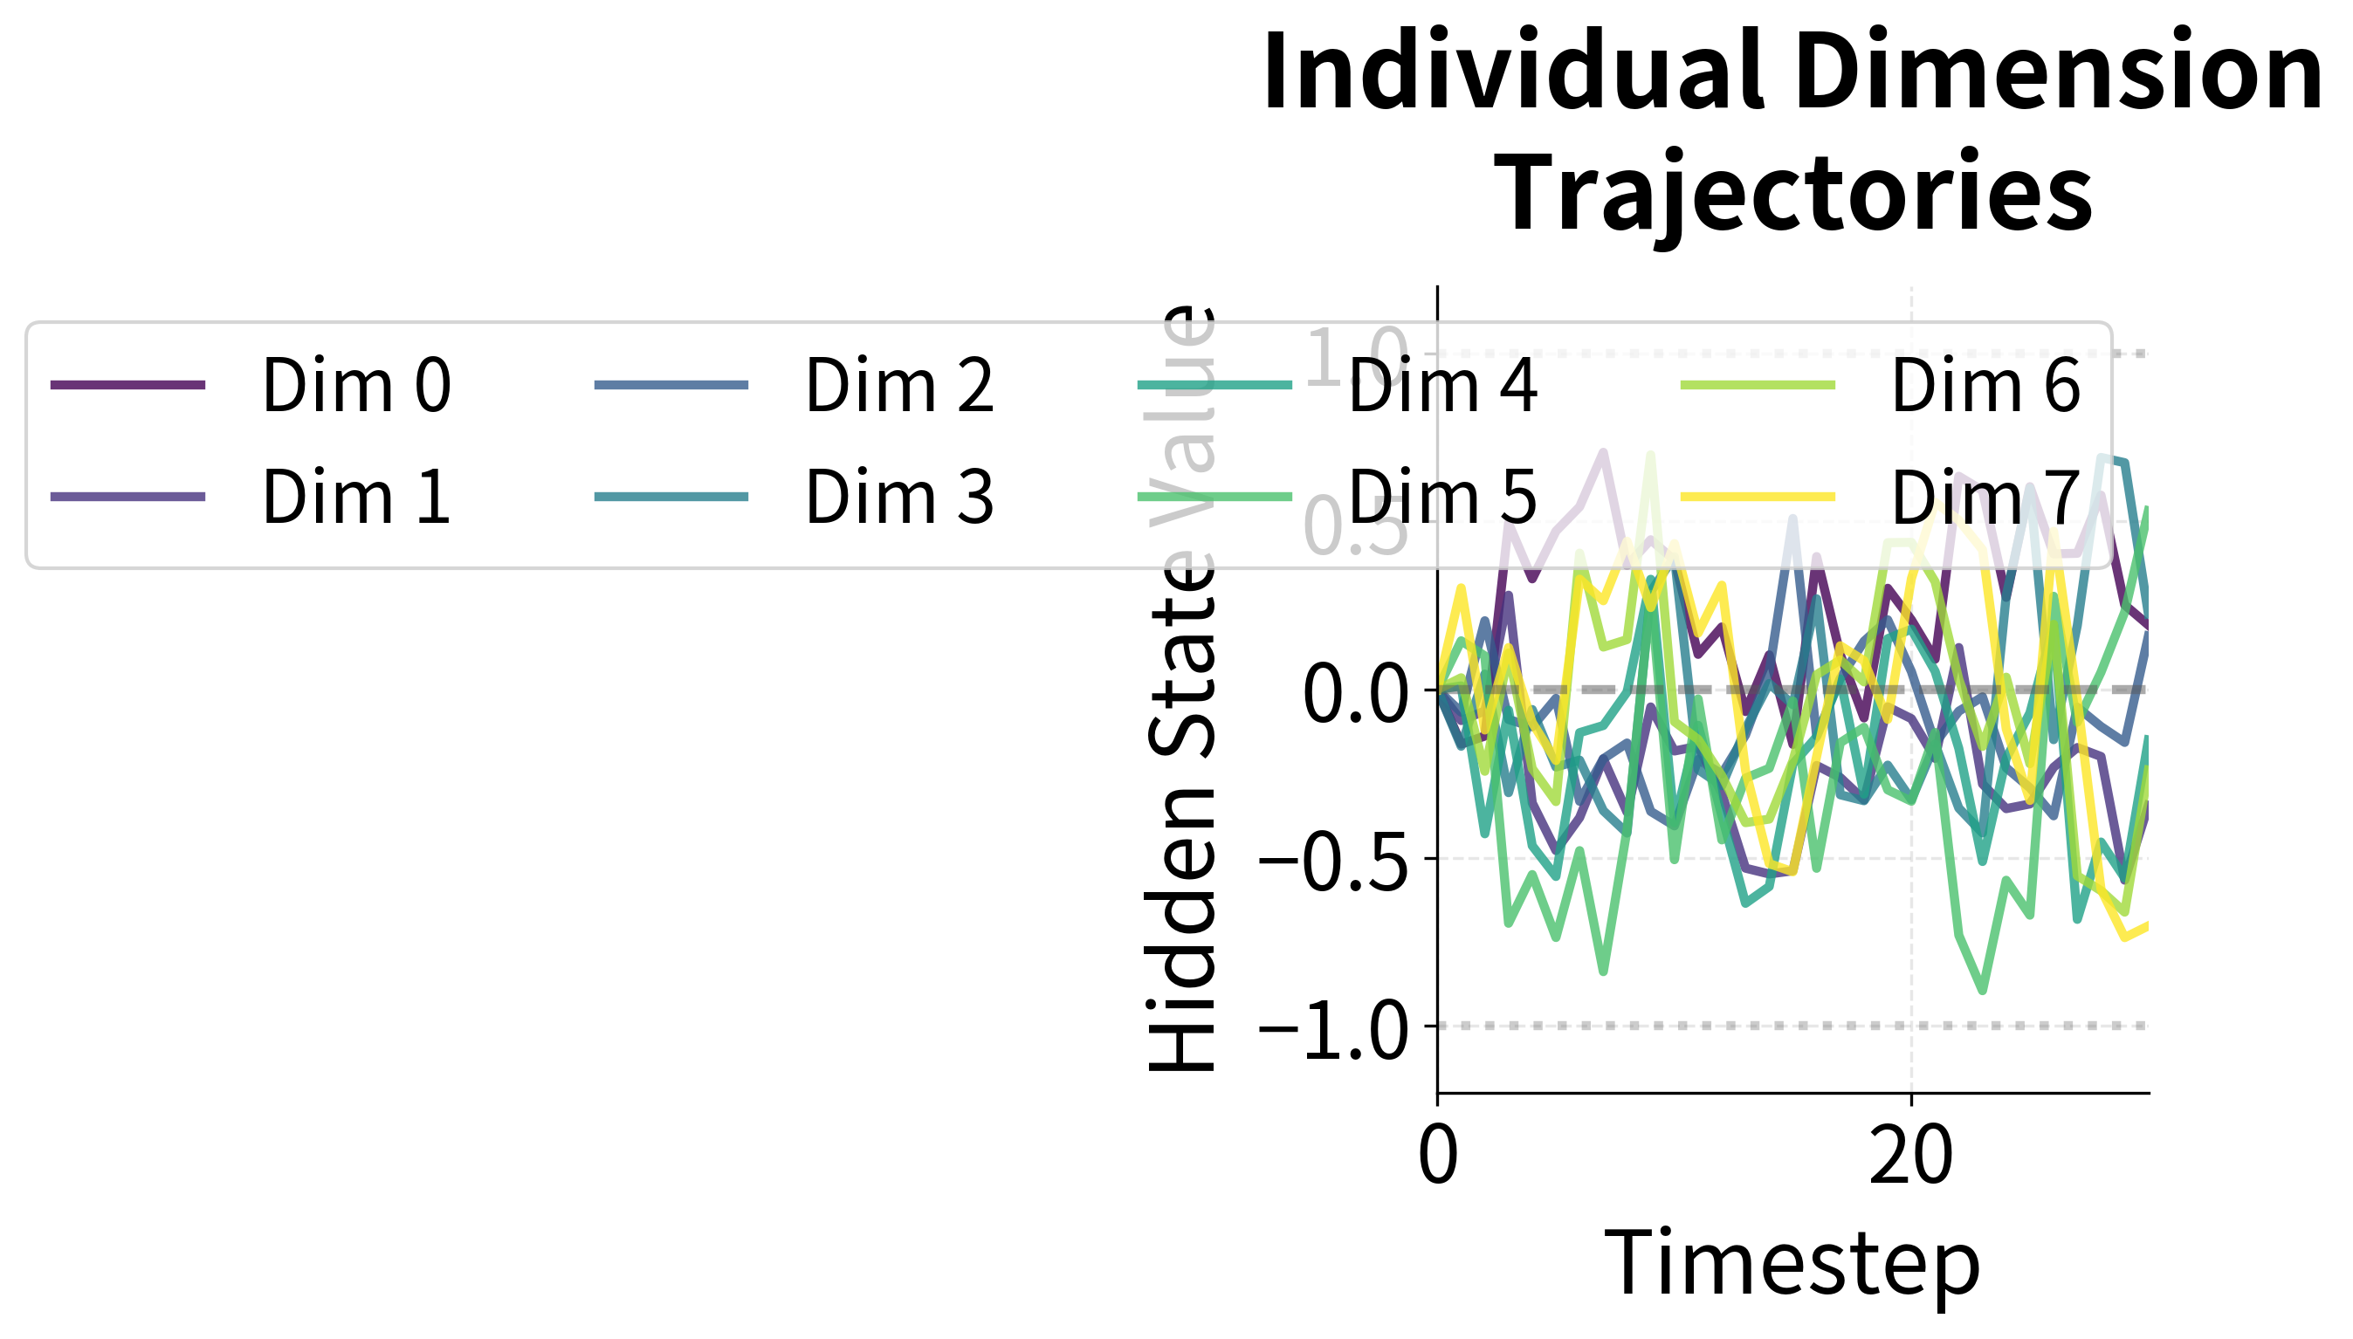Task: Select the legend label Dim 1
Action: [356, 498]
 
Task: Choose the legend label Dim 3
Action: [898, 498]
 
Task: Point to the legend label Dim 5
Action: [1441, 498]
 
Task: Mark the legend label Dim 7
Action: [1985, 498]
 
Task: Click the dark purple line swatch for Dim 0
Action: [127, 384]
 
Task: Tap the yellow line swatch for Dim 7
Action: [1757, 498]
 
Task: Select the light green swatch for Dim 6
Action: [1757, 384]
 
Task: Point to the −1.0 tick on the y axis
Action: [1333, 1027]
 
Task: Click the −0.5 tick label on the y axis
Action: [1333, 860]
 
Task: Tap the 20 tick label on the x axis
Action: [1910, 1155]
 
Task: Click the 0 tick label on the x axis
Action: [1438, 1155]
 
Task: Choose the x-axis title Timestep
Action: [1792, 1266]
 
